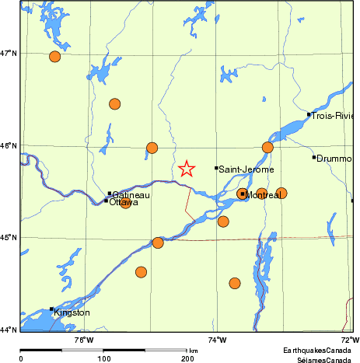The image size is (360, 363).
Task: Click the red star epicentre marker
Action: point(187,169)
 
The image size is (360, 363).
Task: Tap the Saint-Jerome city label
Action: point(244,169)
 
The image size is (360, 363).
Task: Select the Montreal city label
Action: point(264,195)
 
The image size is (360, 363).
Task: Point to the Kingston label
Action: point(72,312)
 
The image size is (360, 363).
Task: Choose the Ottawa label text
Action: point(124,202)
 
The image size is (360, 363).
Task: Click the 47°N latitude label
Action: point(9,53)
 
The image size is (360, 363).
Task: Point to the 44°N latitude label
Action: point(9,330)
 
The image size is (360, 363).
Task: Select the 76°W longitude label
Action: point(84,339)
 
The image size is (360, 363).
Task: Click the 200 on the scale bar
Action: point(187,358)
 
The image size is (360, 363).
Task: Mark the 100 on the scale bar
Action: point(103,358)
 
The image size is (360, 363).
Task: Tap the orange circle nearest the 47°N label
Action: point(54,56)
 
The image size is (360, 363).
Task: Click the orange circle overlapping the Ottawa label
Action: point(125,202)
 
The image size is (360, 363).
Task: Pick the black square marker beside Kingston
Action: point(52,309)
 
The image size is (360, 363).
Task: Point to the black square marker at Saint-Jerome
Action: point(216,168)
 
